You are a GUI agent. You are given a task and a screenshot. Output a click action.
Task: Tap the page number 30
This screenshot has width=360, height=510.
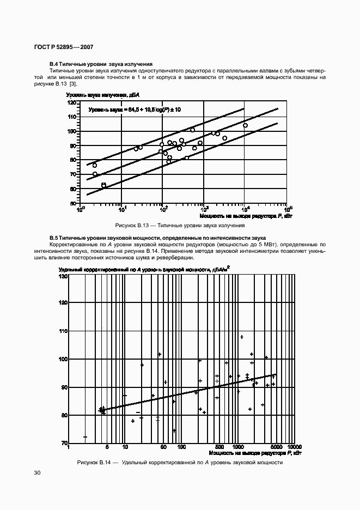(x=37, y=473)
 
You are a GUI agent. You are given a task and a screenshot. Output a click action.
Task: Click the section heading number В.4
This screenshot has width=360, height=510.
(x=54, y=64)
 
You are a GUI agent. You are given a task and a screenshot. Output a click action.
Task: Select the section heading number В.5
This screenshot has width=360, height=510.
(x=54, y=239)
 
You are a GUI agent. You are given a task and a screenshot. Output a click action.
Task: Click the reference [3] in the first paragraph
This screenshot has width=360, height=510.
(x=73, y=84)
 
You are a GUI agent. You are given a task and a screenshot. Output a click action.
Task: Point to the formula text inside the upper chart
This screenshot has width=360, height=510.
(x=135, y=110)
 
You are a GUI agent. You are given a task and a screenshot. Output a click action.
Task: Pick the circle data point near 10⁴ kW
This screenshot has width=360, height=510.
(x=245, y=125)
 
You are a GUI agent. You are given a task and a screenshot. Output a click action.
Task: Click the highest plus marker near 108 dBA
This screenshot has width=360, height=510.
(x=242, y=337)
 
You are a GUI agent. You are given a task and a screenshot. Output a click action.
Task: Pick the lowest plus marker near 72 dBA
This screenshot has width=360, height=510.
(x=85, y=436)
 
